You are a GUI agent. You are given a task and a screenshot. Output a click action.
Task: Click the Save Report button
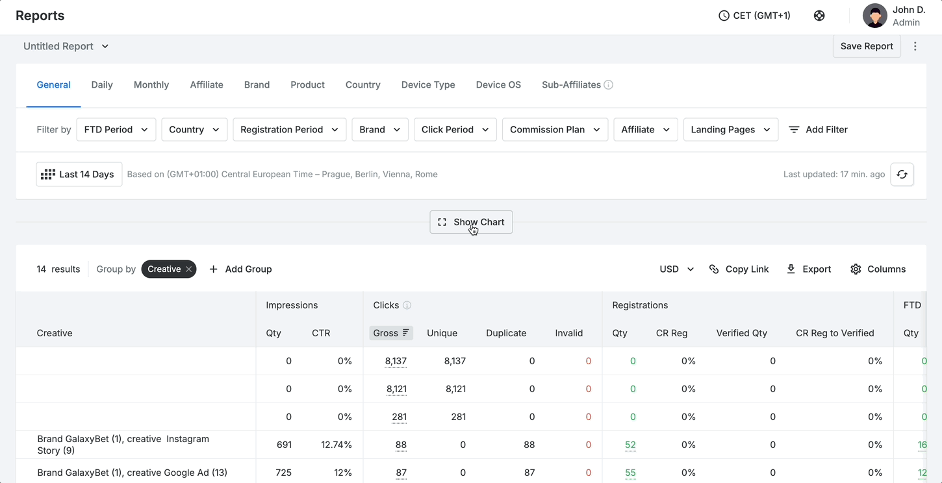click(866, 46)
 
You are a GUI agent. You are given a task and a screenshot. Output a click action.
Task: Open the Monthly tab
click(151, 85)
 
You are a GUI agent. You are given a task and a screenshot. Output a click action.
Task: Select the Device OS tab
click(498, 85)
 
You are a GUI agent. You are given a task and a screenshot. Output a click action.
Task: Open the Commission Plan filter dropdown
click(555, 129)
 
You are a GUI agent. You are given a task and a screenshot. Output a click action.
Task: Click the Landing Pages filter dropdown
click(730, 129)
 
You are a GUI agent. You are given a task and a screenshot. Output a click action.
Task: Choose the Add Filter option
click(818, 129)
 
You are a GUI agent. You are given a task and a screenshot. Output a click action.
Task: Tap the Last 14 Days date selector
click(79, 174)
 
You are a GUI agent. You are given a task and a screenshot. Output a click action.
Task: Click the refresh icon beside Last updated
click(902, 174)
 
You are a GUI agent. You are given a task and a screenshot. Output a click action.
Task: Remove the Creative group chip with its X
click(189, 269)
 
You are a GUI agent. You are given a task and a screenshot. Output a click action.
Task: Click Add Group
click(240, 269)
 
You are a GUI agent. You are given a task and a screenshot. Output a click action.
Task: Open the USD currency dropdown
click(676, 269)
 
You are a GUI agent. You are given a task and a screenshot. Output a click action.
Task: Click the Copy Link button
click(739, 269)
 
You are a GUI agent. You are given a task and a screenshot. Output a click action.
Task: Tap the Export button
click(809, 269)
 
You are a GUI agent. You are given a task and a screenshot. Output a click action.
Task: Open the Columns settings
click(878, 269)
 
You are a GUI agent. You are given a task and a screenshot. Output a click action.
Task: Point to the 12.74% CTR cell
click(336, 445)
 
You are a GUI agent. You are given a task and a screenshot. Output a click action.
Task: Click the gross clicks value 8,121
click(396, 389)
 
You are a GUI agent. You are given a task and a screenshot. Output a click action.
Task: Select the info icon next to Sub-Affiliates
click(608, 85)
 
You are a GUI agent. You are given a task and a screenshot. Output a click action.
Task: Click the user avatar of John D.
click(874, 16)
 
